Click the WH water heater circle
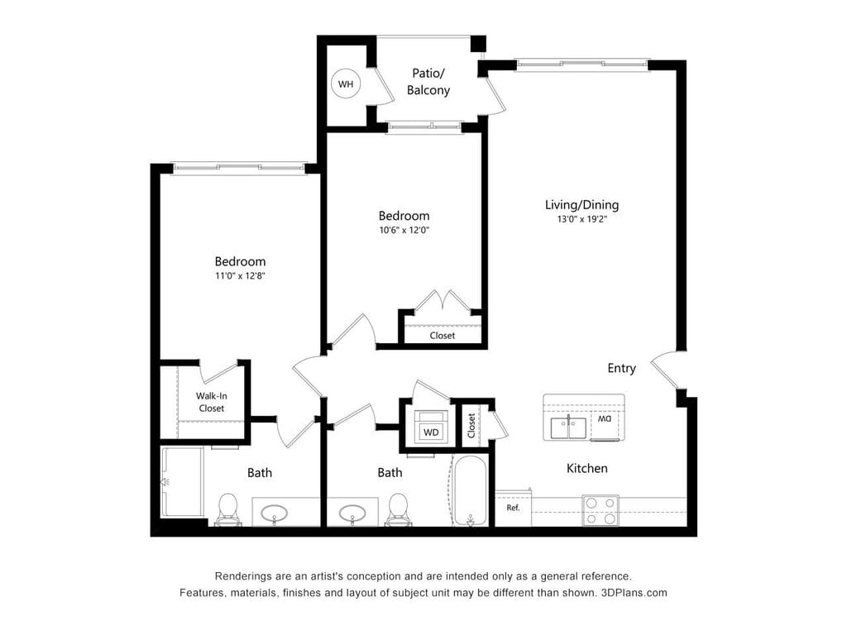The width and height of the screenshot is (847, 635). click(345, 84)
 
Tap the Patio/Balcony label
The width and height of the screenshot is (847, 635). click(428, 82)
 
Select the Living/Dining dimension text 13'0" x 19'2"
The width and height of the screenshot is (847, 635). click(581, 220)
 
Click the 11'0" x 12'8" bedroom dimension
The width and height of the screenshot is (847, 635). click(240, 276)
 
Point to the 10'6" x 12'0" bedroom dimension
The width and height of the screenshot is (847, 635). click(404, 231)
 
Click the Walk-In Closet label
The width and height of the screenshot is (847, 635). click(211, 402)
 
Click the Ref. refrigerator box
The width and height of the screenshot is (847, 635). click(513, 508)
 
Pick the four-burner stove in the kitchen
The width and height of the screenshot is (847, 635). click(601, 509)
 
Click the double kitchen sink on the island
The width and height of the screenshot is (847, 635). click(568, 427)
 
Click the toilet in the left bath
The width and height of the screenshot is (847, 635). click(227, 508)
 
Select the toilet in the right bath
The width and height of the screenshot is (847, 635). click(399, 508)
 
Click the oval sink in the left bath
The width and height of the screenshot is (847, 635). click(275, 513)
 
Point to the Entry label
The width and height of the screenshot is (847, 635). click(621, 368)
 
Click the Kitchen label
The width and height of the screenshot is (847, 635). click(586, 469)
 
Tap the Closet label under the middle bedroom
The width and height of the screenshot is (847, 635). click(442, 336)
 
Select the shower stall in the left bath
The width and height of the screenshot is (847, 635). click(182, 482)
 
